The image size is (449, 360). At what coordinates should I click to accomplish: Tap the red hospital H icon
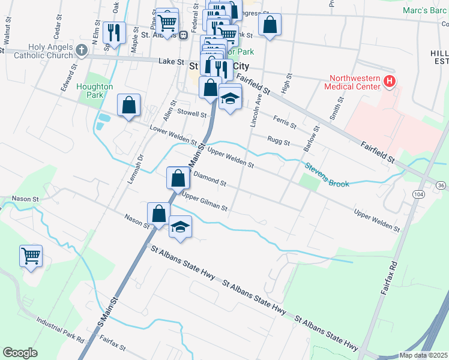click(x=389, y=80)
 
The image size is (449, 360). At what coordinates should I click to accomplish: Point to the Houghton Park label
click(x=95, y=91)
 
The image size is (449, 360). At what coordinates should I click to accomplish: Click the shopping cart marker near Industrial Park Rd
click(x=31, y=256)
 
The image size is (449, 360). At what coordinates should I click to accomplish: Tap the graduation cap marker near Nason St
click(x=180, y=227)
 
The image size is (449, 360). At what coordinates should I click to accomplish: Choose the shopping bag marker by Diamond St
click(x=178, y=178)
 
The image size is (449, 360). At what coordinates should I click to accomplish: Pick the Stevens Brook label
click(x=326, y=175)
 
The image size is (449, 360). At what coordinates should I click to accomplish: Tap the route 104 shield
click(x=418, y=193)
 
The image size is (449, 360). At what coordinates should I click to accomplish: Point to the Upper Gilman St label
click(x=205, y=202)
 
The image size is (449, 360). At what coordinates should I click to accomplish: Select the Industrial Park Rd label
click(x=59, y=331)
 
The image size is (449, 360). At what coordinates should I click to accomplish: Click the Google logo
click(x=20, y=353)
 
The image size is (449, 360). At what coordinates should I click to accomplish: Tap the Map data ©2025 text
click(x=423, y=355)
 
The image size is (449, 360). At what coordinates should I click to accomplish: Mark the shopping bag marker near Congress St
click(x=270, y=25)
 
